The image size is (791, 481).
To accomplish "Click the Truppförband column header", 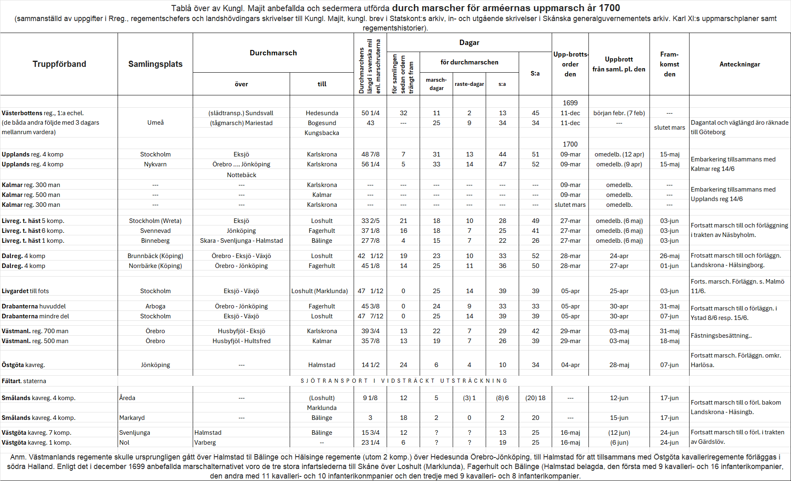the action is [59, 64].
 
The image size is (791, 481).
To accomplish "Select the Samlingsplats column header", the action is [155, 64].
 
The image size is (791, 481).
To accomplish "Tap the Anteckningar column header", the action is [739, 64].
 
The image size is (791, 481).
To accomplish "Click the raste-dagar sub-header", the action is [469, 84].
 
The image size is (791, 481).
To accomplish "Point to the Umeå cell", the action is [155, 123].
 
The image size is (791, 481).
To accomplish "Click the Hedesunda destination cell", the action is [322, 113].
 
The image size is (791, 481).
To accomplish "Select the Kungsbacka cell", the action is [322, 133].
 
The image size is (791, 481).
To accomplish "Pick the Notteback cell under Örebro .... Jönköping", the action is [241, 175].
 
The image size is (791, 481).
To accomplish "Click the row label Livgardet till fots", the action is [25, 291].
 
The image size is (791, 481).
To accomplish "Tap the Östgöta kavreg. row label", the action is [23, 365].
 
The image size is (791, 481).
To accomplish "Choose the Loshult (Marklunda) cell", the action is [320, 291].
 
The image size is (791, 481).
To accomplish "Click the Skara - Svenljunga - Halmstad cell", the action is [241, 241].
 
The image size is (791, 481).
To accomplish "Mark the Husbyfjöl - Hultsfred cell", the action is [241, 341].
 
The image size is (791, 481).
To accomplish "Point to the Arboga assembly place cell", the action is [155, 306].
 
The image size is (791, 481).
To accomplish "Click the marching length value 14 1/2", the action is [371, 365].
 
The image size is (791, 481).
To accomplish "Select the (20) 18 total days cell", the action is [535, 398].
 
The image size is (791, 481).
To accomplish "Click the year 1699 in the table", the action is [570, 103].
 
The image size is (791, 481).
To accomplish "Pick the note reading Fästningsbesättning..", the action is [721, 336].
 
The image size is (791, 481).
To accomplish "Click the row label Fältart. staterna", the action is [24, 381].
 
